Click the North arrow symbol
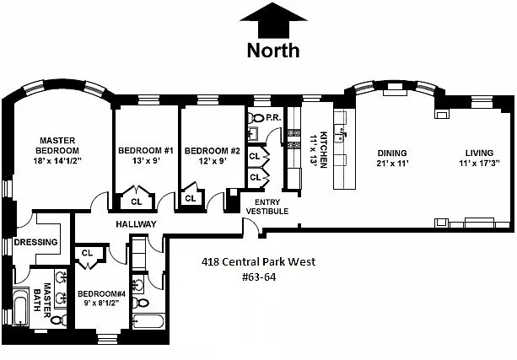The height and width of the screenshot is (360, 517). (x=273, y=21)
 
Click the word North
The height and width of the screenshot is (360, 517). (x=273, y=51)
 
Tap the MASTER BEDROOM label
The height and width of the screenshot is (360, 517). (x=57, y=145)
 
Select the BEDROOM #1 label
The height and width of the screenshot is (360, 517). (x=146, y=151)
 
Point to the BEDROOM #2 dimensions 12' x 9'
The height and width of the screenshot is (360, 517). (x=213, y=161)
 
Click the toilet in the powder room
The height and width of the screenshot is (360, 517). (x=256, y=117)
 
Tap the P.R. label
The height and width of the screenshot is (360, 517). (x=273, y=117)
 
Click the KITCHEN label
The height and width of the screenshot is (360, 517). (x=324, y=150)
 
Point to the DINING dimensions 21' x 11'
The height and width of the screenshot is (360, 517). (x=392, y=164)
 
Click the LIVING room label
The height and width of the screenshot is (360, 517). (x=479, y=153)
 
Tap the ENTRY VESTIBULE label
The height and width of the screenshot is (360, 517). (x=267, y=207)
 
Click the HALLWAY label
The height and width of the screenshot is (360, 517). (x=136, y=224)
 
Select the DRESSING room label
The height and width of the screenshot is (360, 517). (x=35, y=242)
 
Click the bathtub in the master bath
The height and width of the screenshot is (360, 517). (x=20, y=307)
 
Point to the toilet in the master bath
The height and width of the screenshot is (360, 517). (x=59, y=320)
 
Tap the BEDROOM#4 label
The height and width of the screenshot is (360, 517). (x=101, y=293)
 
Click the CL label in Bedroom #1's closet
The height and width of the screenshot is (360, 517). (x=136, y=201)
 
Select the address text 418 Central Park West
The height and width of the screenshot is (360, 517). (x=258, y=261)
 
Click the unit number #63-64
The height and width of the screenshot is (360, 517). (x=259, y=277)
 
